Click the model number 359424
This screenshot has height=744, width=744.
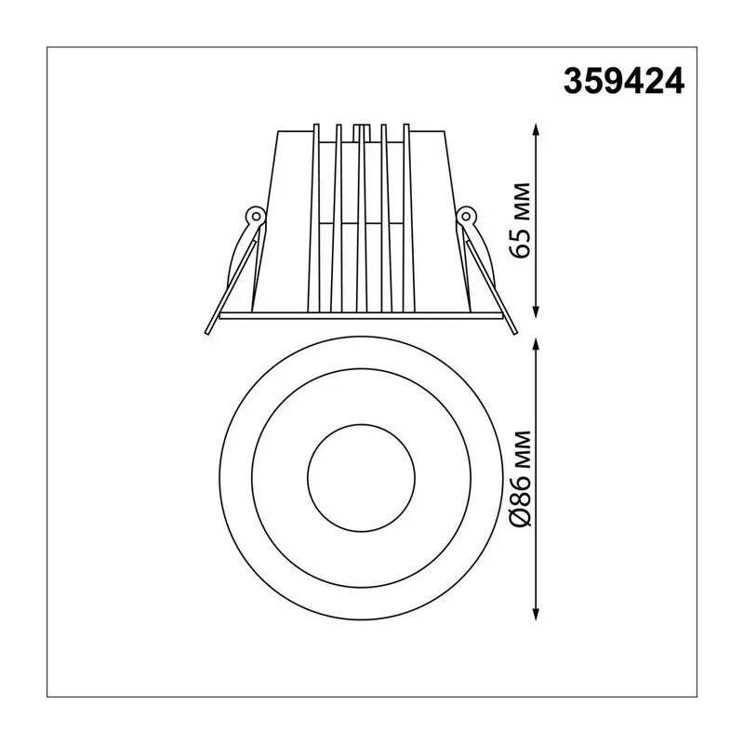(x=623, y=82)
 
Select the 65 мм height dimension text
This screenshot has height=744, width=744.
(x=522, y=219)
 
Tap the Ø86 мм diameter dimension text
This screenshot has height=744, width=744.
(x=522, y=478)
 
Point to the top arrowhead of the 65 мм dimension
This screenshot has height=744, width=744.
(x=537, y=129)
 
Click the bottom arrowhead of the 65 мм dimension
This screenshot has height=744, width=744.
(x=537, y=312)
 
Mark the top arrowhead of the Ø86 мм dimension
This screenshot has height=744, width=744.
(x=537, y=344)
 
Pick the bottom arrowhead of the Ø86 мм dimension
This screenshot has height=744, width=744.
(x=537, y=614)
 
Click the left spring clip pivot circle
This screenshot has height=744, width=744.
(x=257, y=217)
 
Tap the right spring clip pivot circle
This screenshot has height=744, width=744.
(x=466, y=217)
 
